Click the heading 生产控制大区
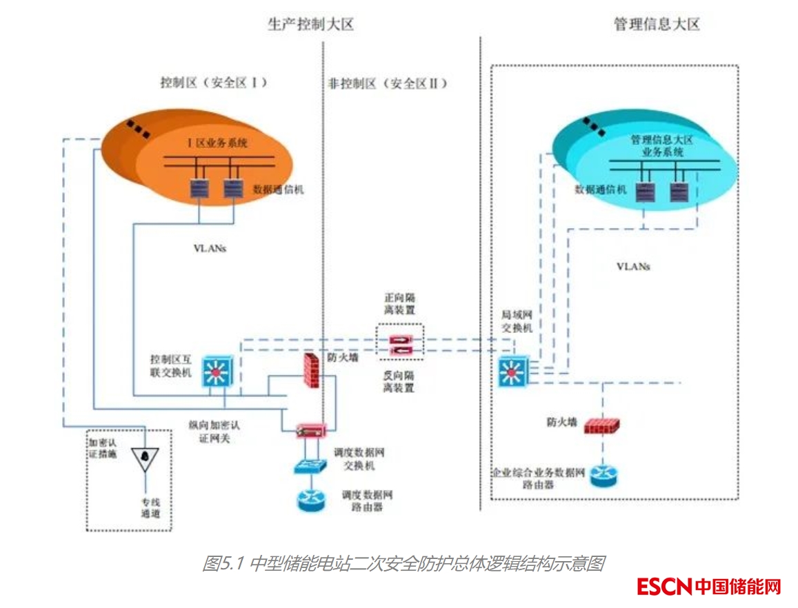click(x=310, y=25)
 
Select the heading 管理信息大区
click(x=657, y=25)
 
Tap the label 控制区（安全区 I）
click(x=213, y=83)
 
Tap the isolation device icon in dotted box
click(x=400, y=345)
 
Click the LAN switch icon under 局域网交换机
click(x=512, y=372)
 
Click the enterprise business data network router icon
click(x=604, y=476)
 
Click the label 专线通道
click(x=150, y=508)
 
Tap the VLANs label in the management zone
click(x=633, y=265)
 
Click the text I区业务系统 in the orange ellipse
click(x=218, y=143)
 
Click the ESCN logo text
click(x=664, y=587)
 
